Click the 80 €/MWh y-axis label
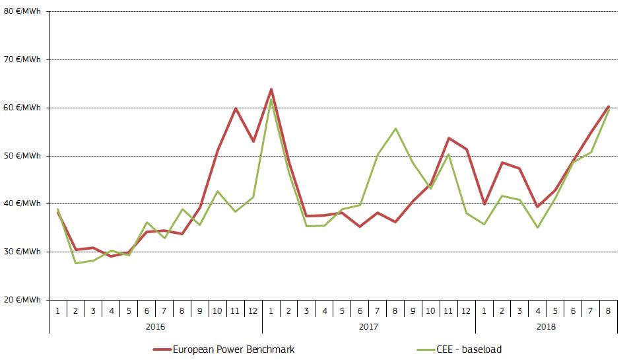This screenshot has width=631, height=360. click(x=22, y=11)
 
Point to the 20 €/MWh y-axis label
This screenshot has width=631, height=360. click(x=22, y=300)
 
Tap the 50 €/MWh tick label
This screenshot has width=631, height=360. click(x=22, y=156)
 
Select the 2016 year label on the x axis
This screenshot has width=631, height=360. click(x=155, y=326)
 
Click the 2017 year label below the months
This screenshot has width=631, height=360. click(x=368, y=326)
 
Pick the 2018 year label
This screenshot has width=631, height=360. click(x=546, y=326)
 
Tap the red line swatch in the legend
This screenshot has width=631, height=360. click(x=161, y=349)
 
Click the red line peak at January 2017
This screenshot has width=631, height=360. click(x=271, y=89)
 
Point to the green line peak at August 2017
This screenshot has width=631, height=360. click(x=395, y=128)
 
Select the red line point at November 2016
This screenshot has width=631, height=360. click(x=236, y=108)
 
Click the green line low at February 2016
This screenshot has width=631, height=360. click(x=75, y=263)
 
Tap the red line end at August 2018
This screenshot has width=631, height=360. click(x=608, y=106)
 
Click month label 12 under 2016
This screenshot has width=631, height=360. click(x=253, y=308)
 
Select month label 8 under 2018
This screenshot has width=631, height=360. click(x=608, y=308)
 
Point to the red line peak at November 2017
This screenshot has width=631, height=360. click(x=449, y=138)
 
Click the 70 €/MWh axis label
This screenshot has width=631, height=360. click(x=22, y=59)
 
